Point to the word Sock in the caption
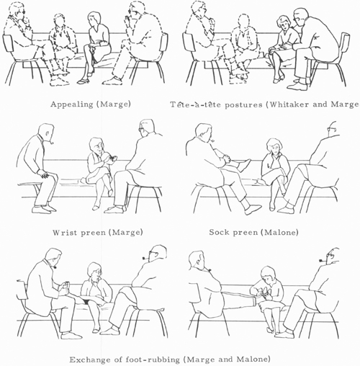coord(218,232)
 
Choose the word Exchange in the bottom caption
coord(88,360)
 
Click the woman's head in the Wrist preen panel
coord(96,146)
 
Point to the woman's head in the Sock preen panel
coord(274,146)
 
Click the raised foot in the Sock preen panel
coord(244,165)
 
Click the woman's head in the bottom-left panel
coord(94,272)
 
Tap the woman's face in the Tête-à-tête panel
coord(284,25)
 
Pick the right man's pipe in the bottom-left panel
coord(146,259)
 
